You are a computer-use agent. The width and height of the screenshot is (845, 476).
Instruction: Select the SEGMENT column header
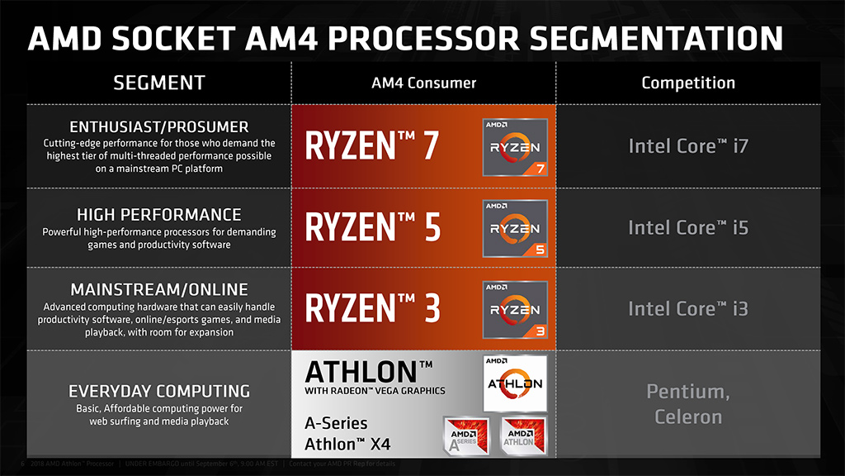click(158, 83)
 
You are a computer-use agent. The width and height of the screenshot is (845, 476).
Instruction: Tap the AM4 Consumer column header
click(423, 83)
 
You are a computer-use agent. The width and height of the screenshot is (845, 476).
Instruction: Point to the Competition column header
click(687, 83)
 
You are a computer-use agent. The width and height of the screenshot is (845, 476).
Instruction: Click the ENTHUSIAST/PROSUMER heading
click(158, 127)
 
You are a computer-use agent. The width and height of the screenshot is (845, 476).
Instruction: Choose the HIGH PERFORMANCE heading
click(158, 215)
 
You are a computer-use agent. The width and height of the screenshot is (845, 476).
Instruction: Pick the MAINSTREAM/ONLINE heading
click(158, 289)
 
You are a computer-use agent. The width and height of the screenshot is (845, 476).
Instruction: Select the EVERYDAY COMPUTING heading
click(158, 391)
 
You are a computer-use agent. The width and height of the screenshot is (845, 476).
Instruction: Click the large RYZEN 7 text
click(373, 145)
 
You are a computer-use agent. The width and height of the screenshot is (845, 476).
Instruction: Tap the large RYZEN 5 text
click(373, 227)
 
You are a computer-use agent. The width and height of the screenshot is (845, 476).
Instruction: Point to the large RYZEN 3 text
click(373, 307)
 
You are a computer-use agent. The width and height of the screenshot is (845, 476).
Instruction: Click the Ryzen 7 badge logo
click(515, 148)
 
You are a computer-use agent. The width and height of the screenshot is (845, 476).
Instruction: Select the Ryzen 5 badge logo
click(515, 229)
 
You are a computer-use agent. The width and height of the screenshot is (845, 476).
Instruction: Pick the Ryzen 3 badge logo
click(515, 310)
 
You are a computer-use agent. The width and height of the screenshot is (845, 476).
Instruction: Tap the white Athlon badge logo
click(515, 383)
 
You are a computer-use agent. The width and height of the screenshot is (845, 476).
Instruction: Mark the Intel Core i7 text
click(687, 146)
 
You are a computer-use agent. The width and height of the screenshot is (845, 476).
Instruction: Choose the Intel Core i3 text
click(687, 308)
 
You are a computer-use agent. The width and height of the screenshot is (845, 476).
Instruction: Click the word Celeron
click(687, 416)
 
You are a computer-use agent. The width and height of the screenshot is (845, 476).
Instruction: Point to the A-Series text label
click(337, 424)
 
